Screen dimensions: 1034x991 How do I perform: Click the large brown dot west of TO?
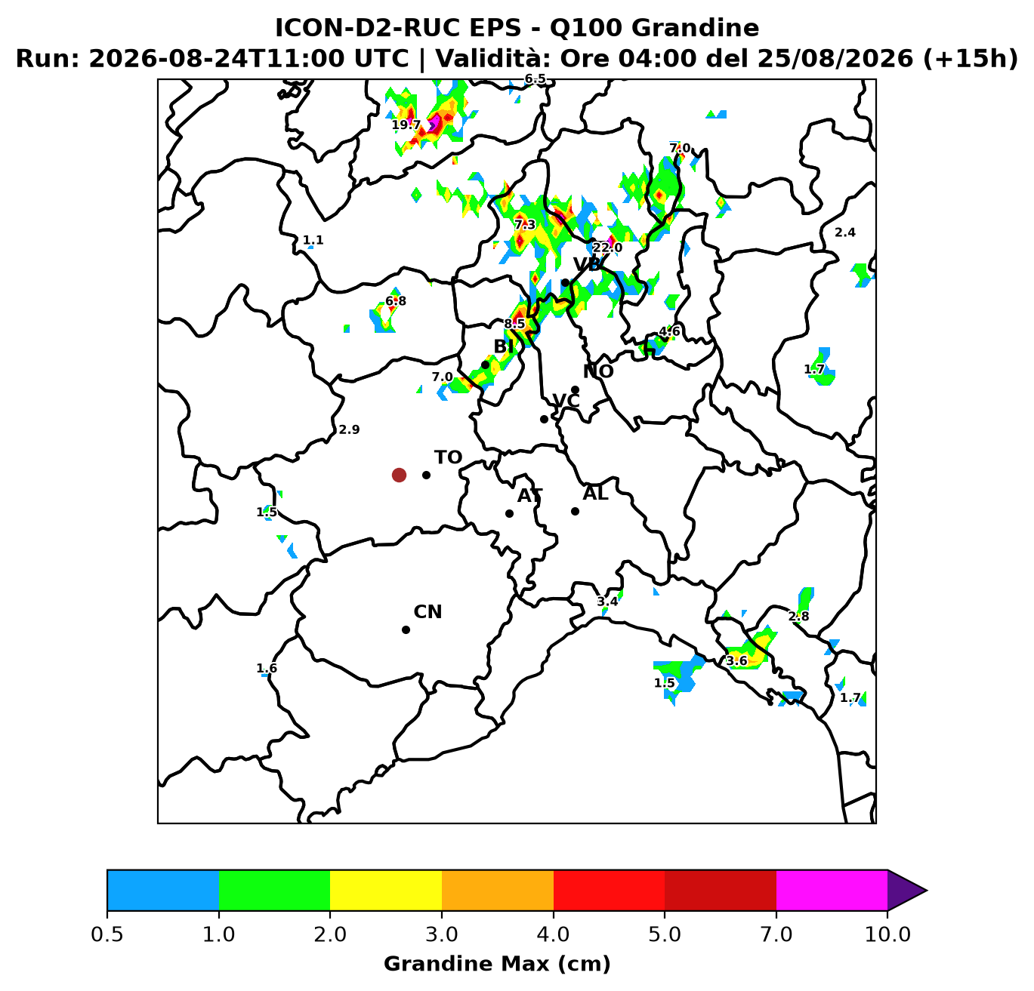point(399,475)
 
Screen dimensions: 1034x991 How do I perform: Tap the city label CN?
point(427,612)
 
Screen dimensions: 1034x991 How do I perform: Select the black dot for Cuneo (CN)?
point(406,630)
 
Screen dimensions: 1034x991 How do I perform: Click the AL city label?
point(595,494)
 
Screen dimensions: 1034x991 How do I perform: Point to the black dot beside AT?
point(509,513)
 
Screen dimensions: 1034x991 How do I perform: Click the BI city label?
point(504,346)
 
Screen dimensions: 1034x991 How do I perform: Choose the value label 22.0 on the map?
point(607,248)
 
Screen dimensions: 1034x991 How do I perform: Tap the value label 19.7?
point(406,125)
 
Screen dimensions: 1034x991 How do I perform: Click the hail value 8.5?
point(514,324)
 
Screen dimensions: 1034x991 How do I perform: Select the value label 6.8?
point(396,301)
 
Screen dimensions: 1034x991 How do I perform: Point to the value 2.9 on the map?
point(350,429)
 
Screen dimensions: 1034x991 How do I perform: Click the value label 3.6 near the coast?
point(736,660)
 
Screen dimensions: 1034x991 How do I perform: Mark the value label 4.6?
point(669,331)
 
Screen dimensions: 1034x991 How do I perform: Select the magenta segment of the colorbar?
point(832,890)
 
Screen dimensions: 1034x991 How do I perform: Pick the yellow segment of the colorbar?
point(386,890)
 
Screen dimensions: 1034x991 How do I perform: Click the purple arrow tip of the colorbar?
point(927,890)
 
